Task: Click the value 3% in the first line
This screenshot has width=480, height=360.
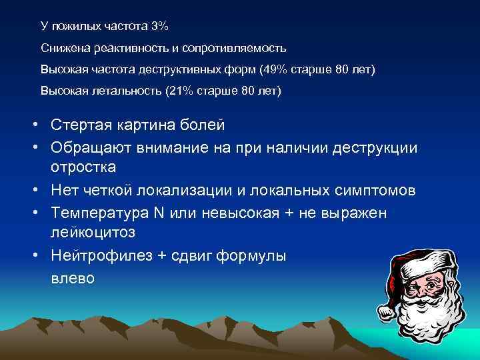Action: click(x=160, y=27)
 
